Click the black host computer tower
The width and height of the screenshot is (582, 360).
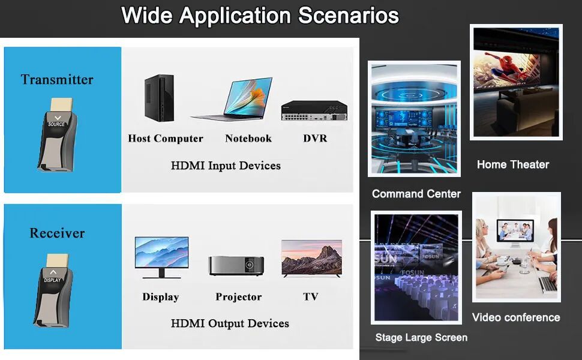[159, 98]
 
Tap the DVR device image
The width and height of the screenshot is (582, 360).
[314, 110]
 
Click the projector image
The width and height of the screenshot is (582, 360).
[236, 265]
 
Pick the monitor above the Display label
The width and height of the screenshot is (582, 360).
[161, 257]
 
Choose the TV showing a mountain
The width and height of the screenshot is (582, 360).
[312, 259]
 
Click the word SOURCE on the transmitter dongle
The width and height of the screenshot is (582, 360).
[56, 124]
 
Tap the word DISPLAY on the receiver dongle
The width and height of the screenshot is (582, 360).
[52, 280]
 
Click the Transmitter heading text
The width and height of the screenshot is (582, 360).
[57, 79]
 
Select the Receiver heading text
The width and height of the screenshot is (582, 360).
[57, 233]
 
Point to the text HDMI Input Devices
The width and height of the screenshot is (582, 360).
[226, 166]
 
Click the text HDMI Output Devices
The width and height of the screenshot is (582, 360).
[230, 323]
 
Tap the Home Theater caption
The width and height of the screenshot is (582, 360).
[513, 164]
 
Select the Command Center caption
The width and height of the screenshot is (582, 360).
[416, 194]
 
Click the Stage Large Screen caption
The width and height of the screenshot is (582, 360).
[421, 337]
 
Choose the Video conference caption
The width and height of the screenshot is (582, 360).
[516, 317]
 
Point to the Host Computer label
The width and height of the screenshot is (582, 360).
[166, 139]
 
